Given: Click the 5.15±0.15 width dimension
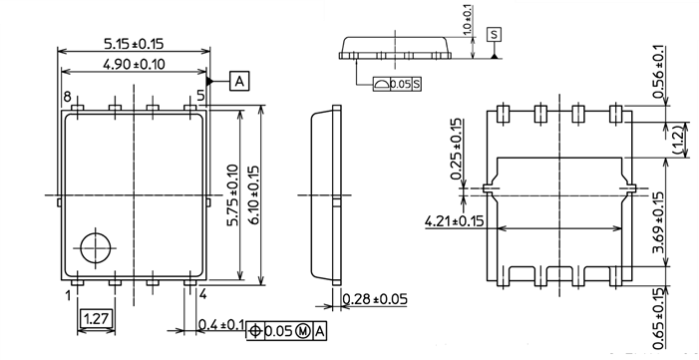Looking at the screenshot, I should (134, 44).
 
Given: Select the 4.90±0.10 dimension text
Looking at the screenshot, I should (134, 65).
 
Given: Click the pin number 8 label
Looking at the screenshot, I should (67, 97).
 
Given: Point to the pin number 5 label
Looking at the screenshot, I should (200, 97).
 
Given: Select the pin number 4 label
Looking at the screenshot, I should (201, 295).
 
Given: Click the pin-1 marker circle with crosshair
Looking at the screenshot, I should (96, 246).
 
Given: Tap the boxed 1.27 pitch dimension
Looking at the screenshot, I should (95, 319).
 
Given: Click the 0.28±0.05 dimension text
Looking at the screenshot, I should (375, 299).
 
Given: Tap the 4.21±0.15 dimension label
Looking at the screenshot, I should (454, 220).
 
